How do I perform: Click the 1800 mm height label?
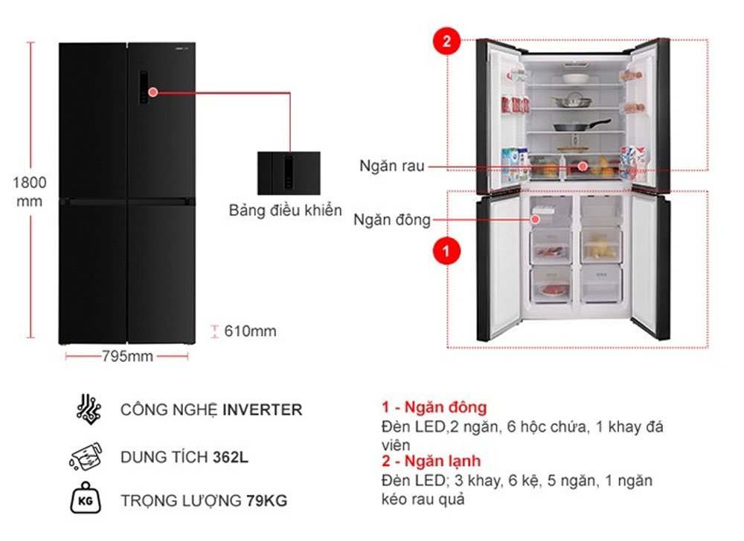[30, 191]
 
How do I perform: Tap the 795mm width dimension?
[127, 357]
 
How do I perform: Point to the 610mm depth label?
[250, 331]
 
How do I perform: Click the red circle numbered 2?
[446, 42]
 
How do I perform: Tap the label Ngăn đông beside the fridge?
[392, 219]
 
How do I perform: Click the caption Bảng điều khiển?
[285, 210]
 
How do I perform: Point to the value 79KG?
[266, 501]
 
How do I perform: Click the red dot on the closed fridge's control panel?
[153, 92]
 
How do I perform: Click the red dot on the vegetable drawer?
[583, 166]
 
